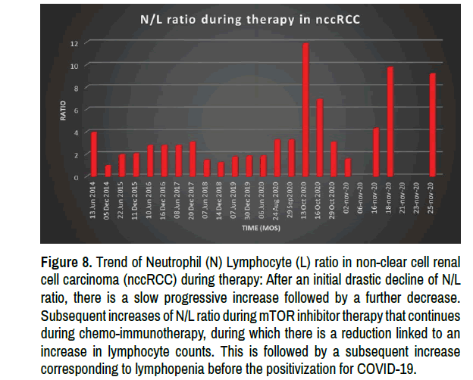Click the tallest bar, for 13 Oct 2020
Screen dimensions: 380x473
click(305, 110)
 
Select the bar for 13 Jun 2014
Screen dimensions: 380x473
click(94, 154)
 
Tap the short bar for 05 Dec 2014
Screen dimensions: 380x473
click(108, 170)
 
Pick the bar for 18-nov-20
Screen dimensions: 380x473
click(390, 122)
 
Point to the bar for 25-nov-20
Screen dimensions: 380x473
click(433, 125)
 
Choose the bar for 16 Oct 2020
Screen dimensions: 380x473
click(320, 138)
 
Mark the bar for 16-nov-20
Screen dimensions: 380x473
click(376, 152)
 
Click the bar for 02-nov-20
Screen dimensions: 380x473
click(348, 167)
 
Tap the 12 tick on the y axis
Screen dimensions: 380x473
click(75, 44)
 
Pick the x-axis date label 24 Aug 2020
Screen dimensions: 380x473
click(278, 202)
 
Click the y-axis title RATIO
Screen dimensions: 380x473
click(64, 111)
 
